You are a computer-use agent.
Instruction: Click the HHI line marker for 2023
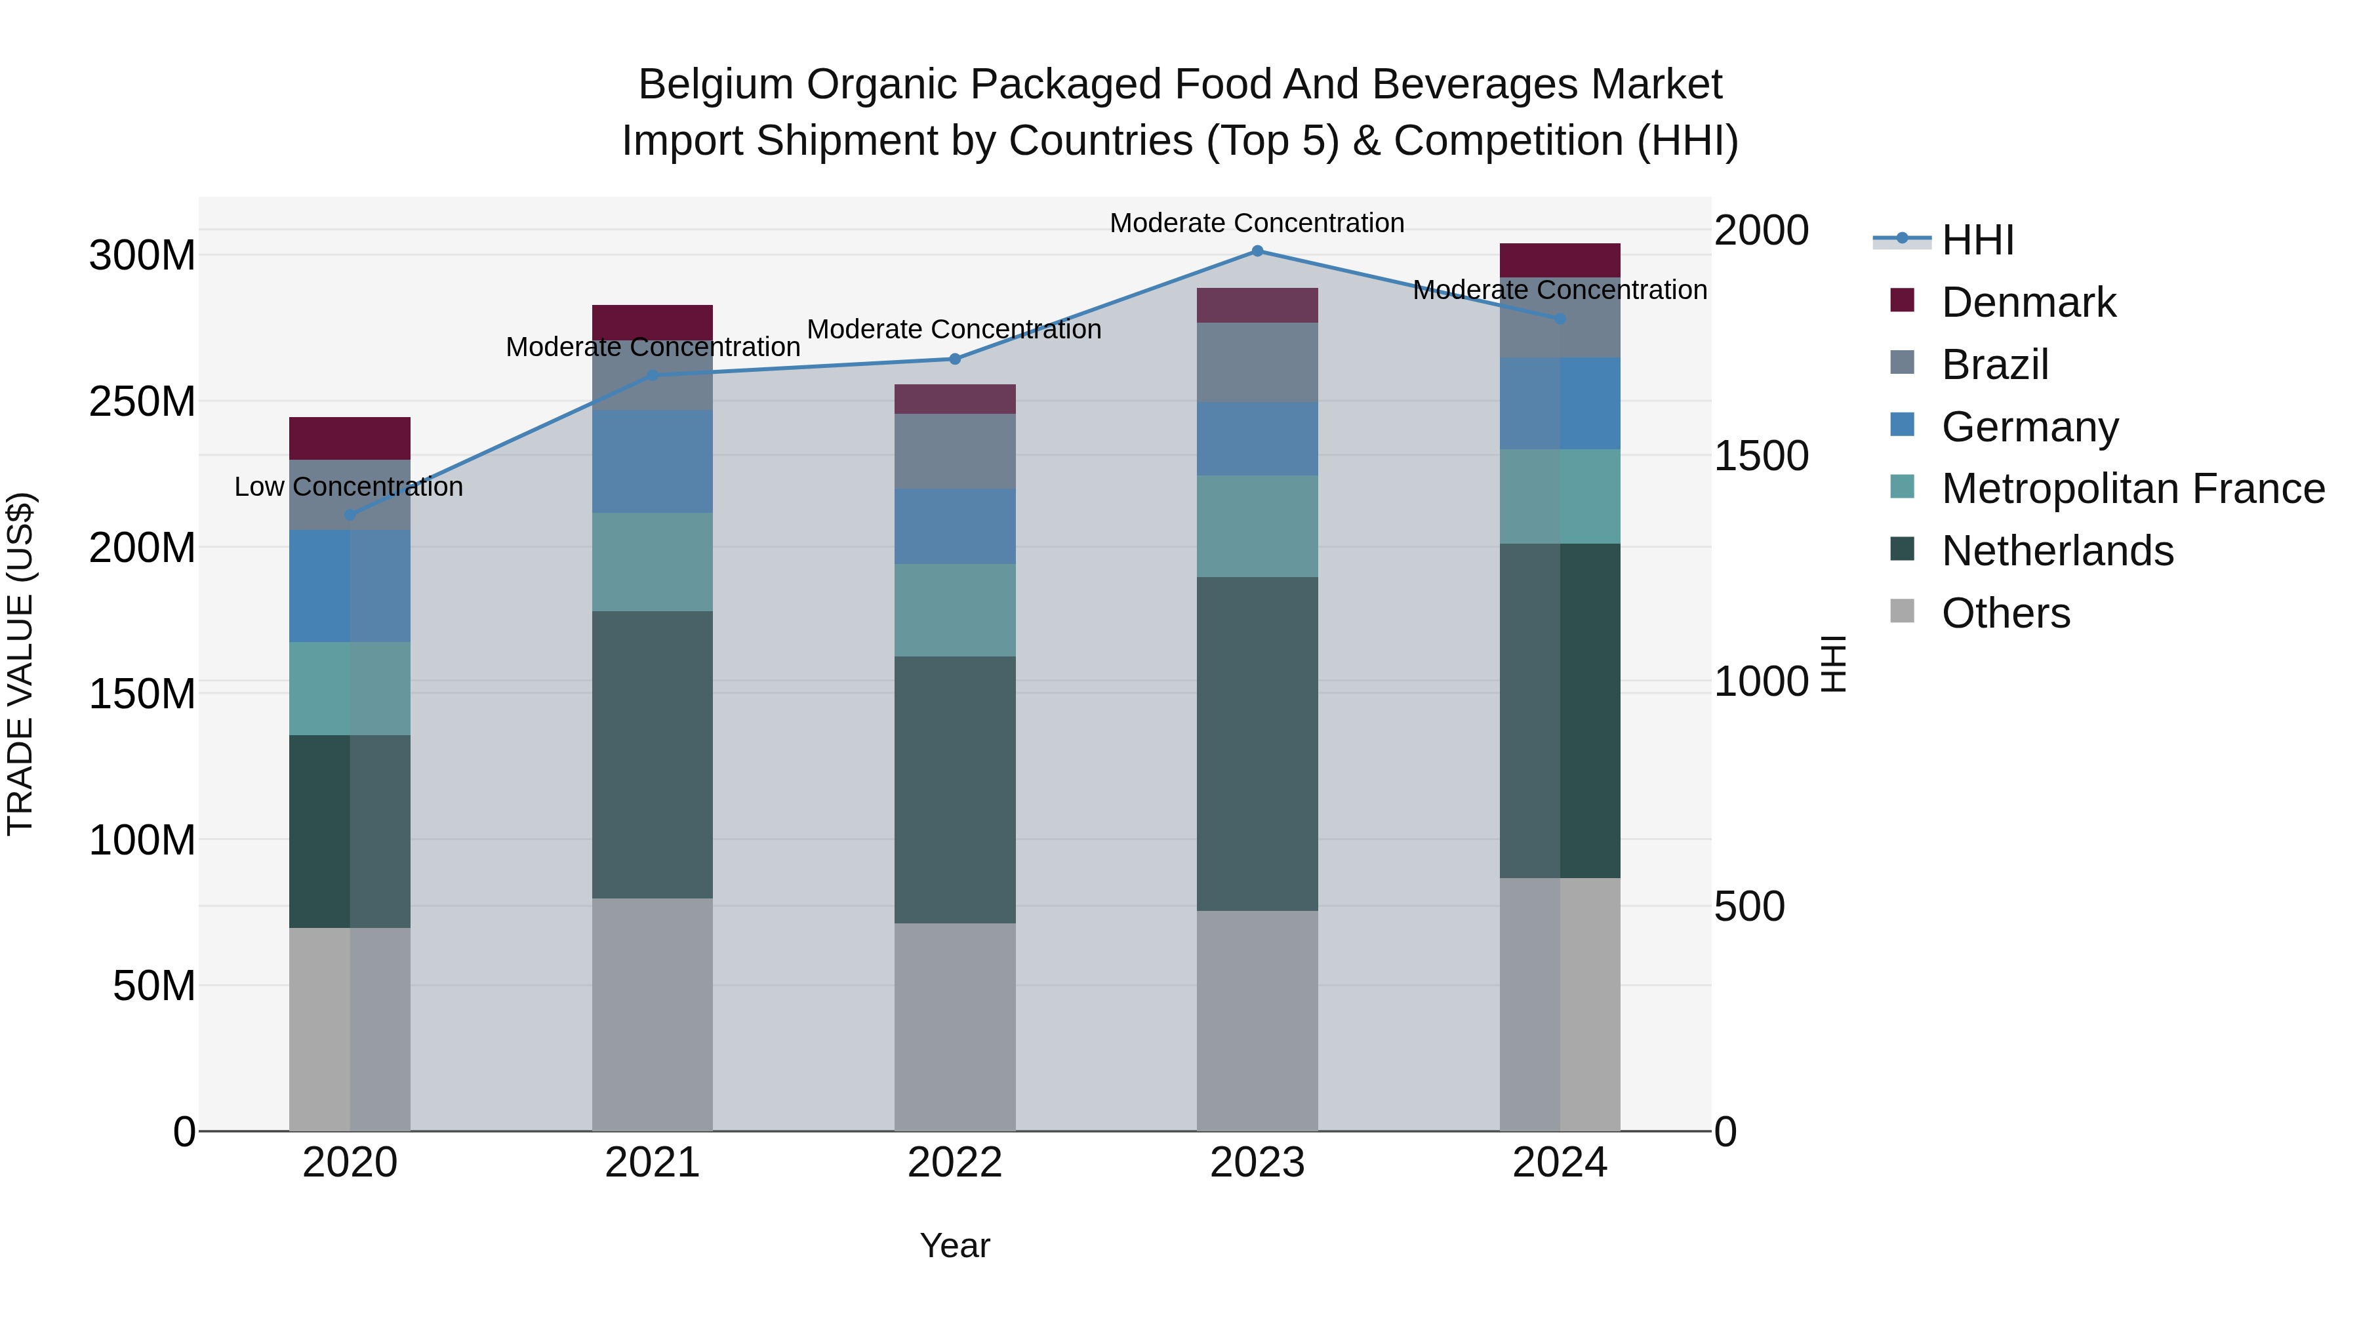click(1257, 251)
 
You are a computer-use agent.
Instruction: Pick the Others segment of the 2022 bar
click(954, 1026)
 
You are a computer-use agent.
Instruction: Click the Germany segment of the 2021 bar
click(652, 461)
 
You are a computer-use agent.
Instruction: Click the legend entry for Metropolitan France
click(2132, 489)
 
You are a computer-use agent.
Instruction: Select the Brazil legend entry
click(1994, 364)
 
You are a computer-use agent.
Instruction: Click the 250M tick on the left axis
click(142, 401)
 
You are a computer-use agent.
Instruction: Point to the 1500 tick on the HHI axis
click(1761, 456)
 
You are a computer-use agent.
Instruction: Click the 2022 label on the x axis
click(954, 1163)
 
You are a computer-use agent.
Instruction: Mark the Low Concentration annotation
click(348, 487)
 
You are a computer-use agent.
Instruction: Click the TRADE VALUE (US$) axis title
click(20, 664)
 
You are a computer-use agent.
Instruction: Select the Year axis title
click(954, 1245)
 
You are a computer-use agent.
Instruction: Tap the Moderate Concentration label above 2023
click(1257, 223)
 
